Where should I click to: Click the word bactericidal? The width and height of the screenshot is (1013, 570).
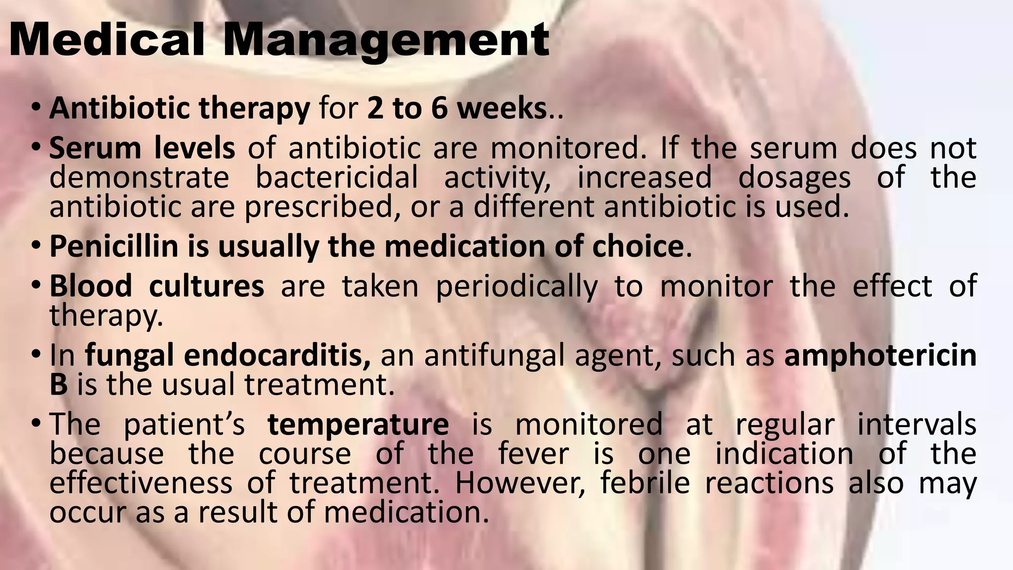click(x=336, y=178)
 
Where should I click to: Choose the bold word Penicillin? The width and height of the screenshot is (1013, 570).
click(x=114, y=246)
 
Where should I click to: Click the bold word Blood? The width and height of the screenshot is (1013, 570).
click(x=91, y=286)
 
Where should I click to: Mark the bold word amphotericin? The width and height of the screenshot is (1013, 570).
click(x=880, y=356)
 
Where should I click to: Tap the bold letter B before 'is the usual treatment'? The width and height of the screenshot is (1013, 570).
click(x=58, y=384)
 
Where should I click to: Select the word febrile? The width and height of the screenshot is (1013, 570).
click(x=645, y=483)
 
